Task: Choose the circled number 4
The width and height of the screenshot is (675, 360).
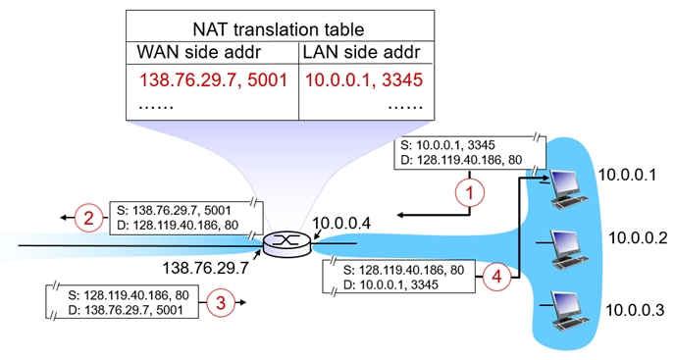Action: click(495, 278)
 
